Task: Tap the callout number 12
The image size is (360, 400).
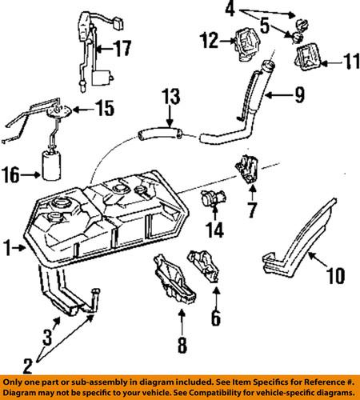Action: [210, 39]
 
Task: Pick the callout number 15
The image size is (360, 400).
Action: [104, 106]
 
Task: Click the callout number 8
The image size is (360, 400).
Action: [181, 346]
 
